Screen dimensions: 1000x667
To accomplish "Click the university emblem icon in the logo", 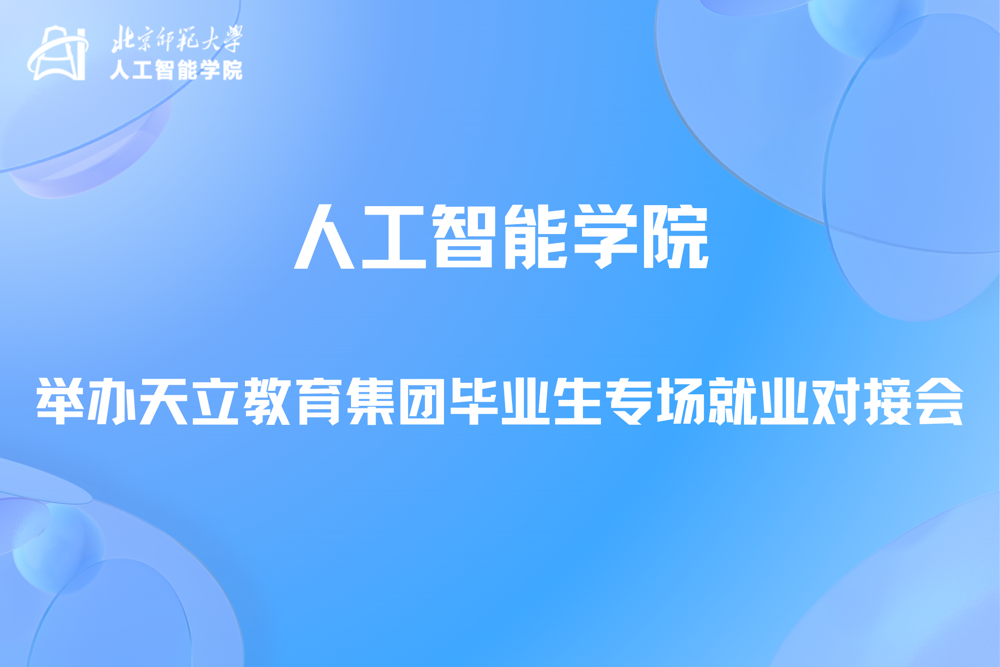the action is [58, 53].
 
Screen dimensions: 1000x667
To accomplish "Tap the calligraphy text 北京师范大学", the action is [176, 39].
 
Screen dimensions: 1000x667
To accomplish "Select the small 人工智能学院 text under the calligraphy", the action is [176, 70].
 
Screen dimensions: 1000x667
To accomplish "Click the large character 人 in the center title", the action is [324, 237].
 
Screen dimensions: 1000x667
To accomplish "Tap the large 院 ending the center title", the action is [676, 237].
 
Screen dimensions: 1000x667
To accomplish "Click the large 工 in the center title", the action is [394, 237].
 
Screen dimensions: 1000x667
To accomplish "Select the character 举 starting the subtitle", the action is [60, 401].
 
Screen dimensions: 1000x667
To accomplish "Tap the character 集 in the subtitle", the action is [370, 401].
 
